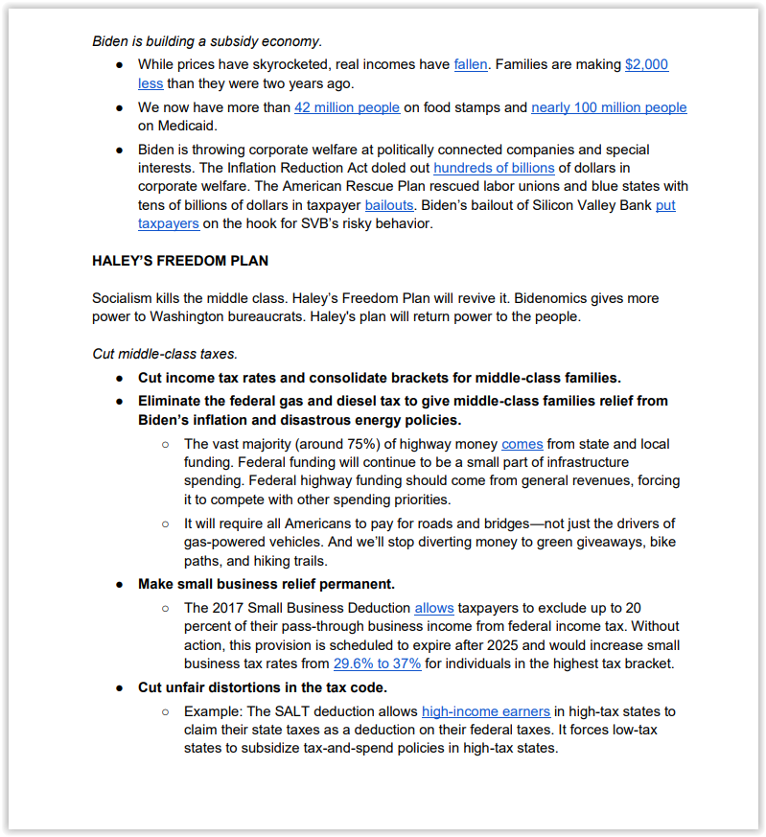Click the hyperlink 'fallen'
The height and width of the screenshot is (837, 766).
coord(471,64)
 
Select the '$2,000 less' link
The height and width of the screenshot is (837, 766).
coord(646,64)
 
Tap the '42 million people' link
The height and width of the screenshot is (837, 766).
coord(347,107)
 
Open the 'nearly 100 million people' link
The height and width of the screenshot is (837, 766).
coord(609,107)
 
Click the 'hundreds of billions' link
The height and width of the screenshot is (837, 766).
coord(494,168)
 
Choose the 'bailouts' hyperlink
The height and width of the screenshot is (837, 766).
coord(389,205)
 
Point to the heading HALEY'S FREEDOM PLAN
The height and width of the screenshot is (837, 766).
coord(180,261)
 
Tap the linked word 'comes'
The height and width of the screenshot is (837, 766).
coord(522,444)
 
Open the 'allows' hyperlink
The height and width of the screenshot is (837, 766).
coord(434,608)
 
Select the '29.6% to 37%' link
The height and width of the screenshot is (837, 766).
coord(378,663)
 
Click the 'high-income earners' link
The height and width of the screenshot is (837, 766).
coord(486,711)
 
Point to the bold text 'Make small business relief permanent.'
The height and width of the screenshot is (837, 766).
coord(267,584)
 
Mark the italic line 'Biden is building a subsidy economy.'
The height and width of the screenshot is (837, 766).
coord(207,41)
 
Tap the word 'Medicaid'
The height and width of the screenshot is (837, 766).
coord(168,126)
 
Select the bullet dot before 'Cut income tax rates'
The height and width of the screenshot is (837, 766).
coord(120,378)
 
